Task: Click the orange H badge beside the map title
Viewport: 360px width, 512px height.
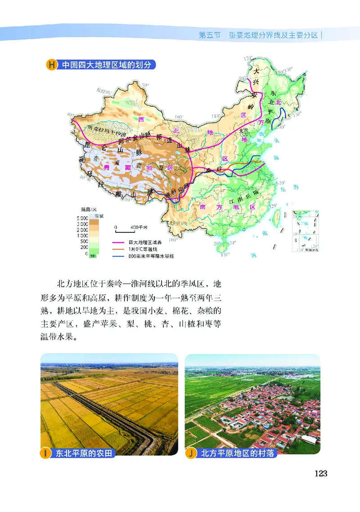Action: (52, 65)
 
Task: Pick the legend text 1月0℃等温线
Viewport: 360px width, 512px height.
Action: (143, 249)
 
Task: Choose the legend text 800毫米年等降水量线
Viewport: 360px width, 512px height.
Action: (150, 256)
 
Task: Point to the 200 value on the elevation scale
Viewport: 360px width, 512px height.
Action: (84, 247)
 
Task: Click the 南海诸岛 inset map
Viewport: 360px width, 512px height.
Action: (304, 232)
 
